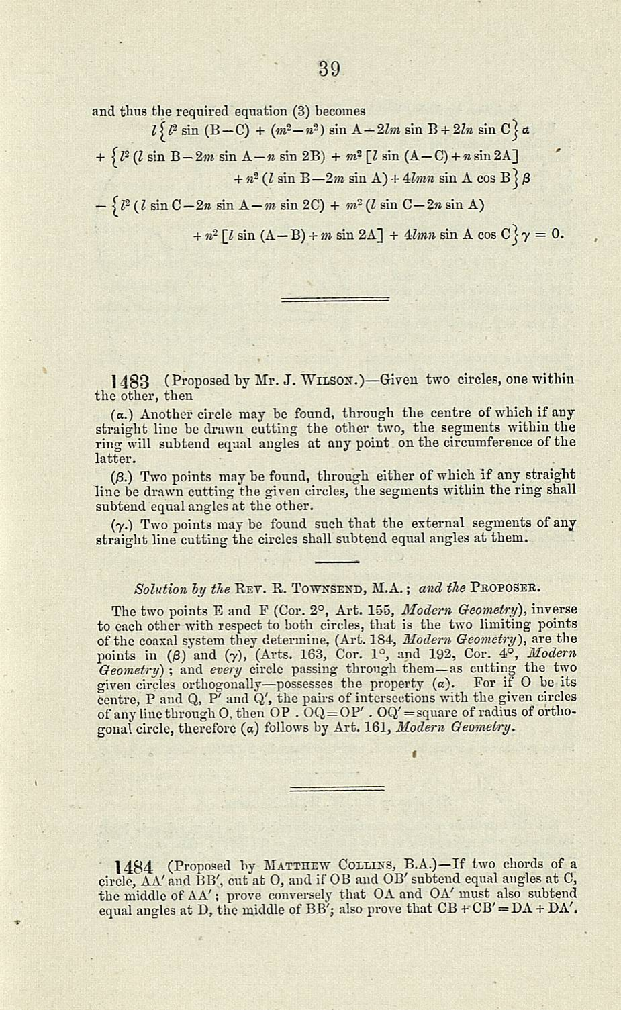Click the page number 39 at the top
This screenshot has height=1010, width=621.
[x=329, y=68]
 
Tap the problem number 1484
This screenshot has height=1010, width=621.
[x=135, y=866]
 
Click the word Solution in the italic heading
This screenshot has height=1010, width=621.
[x=154, y=589]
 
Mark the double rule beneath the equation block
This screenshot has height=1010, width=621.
[x=336, y=299]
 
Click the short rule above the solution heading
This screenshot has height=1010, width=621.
[x=336, y=561]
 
